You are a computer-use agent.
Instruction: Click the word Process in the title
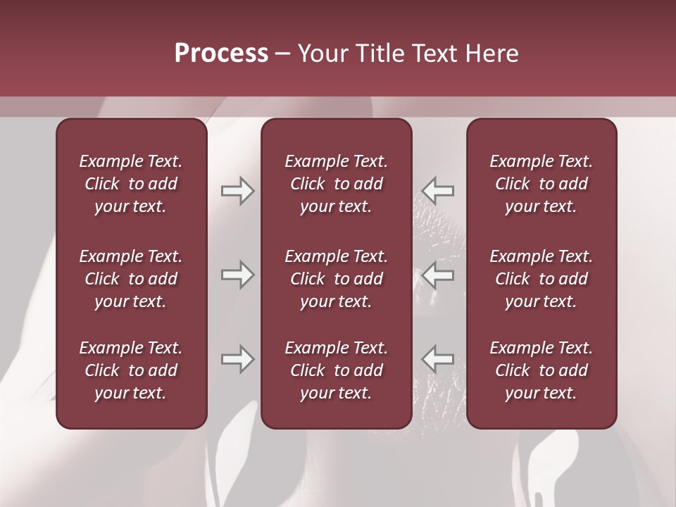(x=221, y=54)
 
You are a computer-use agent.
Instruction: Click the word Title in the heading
(x=377, y=54)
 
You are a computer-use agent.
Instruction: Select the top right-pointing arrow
(x=237, y=191)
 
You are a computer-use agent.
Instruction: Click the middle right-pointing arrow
(x=237, y=275)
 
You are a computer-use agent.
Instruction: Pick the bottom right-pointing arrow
(x=237, y=359)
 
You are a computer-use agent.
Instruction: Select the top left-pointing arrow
(x=438, y=191)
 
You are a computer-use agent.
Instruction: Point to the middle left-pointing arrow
(x=438, y=275)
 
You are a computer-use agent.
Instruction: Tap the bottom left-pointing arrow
(x=438, y=359)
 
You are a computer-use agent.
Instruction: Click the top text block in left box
(x=131, y=184)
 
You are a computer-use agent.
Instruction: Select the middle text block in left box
(x=131, y=279)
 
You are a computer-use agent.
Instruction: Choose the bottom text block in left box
(x=131, y=370)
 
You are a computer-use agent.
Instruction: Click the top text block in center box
(x=337, y=184)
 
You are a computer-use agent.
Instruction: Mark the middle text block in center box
(x=337, y=279)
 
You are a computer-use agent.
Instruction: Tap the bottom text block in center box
(x=337, y=370)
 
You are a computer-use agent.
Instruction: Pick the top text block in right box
(x=542, y=184)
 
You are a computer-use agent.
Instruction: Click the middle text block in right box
(x=542, y=279)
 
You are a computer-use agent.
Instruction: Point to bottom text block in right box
(x=542, y=370)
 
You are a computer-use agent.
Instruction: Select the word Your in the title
(x=321, y=54)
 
